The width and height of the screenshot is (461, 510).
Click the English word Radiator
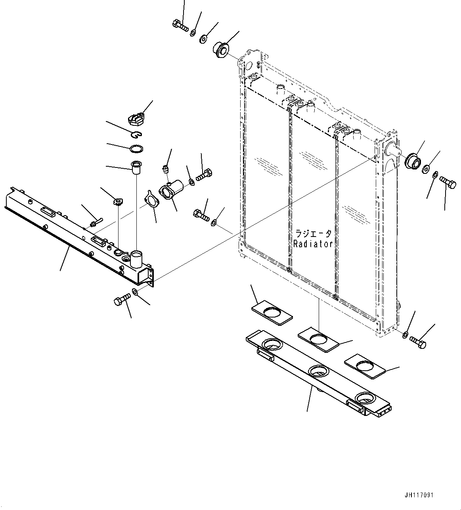click(x=313, y=244)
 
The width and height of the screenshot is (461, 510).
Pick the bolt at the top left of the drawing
click(x=180, y=25)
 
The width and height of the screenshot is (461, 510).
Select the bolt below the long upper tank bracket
click(x=121, y=300)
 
